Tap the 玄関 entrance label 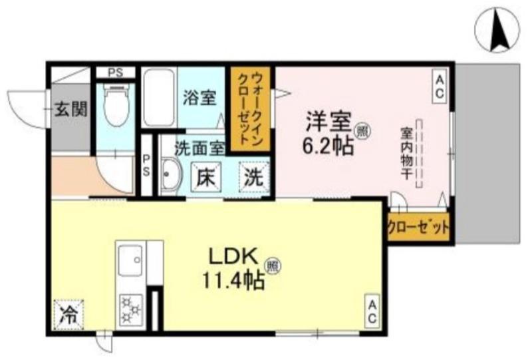point(70,109)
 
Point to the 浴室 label point(199,98)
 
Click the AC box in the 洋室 point(440,87)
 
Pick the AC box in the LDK point(372,311)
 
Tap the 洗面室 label point(199,146)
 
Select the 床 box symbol point(205,177)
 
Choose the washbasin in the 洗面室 point(171,176)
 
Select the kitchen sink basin point(130,261)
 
